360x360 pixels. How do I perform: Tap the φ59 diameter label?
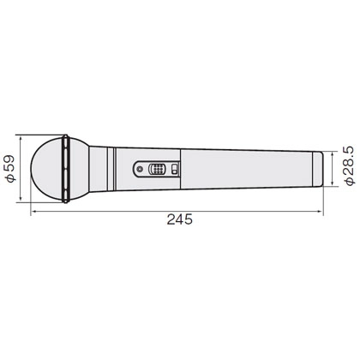[10, 169]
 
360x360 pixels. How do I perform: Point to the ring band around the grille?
[65, 169]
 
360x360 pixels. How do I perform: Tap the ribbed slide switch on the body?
[157, 170]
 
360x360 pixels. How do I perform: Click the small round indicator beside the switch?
[140, 170]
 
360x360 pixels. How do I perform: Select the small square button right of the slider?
[172, 170]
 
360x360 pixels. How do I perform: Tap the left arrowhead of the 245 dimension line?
[33, 208]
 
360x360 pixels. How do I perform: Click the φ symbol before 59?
[10, 181]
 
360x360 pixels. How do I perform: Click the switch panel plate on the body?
[156, 170]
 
